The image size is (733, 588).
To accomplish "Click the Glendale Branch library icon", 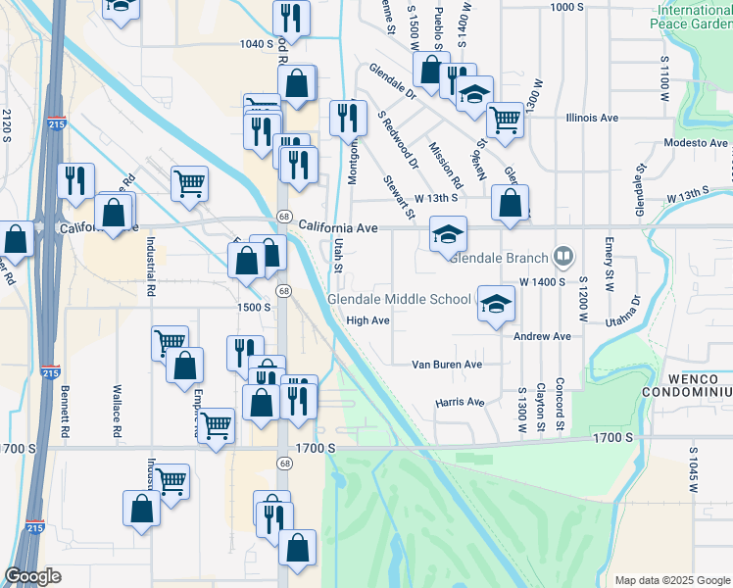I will [563, 258].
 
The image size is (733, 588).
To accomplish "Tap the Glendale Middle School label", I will [398, 299].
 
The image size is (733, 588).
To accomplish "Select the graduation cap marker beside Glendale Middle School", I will [496, 304].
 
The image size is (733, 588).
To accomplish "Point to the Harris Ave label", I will [461, 402].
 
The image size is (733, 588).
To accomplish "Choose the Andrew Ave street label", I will [542, 336].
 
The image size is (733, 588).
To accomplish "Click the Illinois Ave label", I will [592, 118].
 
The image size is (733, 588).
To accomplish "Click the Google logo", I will [33, 576].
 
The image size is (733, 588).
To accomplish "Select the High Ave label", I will [368, 320].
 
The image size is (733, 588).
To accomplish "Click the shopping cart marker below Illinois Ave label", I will [505, 120].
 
